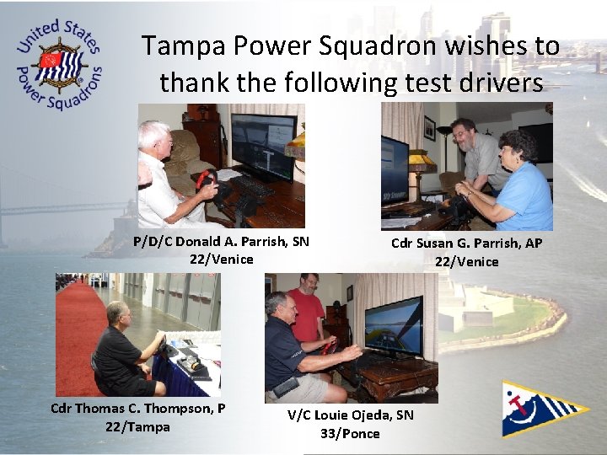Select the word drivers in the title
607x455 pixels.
(498, 83)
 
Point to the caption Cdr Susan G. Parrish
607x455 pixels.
(466, 244)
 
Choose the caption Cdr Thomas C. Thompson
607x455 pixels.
(137, 409)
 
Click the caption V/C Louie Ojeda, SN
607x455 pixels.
(351, 415)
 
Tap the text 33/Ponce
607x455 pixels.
(350, 434)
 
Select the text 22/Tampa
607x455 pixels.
(137, 427)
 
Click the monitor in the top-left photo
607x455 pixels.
(263, 142)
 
